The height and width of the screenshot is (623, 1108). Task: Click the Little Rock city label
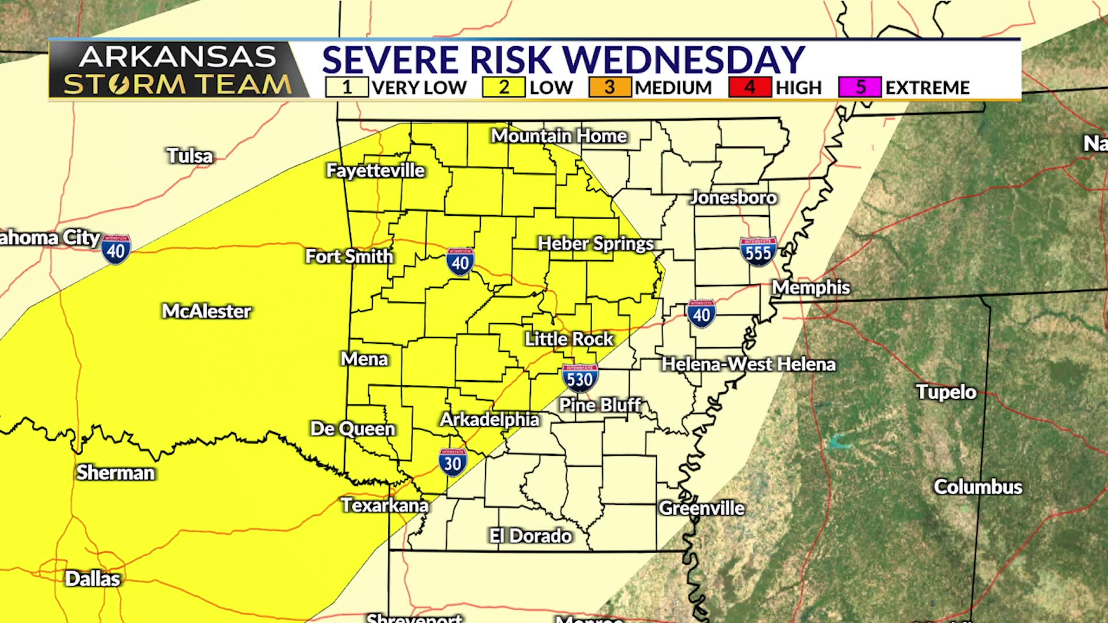tap(568, 339)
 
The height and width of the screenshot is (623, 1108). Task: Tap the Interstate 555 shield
tap(758, 251)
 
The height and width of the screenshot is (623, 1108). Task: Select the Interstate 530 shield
tap(579, 378)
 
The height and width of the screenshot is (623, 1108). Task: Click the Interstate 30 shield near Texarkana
tap(452, 463)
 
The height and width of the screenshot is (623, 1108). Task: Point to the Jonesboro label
tap(733, 198)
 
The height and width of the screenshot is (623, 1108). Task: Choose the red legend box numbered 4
tap(749, 87)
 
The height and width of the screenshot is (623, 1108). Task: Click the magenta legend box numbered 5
tap(860, 87)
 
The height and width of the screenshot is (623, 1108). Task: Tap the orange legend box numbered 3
tap(609, 87)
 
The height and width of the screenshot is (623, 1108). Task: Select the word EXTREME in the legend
tap(927, 88)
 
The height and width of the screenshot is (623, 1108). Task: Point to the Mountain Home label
tap(559, 136)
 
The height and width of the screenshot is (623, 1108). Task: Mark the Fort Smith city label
tap(349, 256)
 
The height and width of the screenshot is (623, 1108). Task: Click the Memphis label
tap(811, 287)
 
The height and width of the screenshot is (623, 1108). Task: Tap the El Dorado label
tap(530, 536)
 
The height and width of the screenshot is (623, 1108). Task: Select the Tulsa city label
tap(190, 156)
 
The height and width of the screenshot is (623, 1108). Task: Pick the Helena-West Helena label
tap(748, 364)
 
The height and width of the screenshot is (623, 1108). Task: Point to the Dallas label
tap(92, 579)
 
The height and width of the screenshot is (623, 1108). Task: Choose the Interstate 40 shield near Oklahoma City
tap(116, 249)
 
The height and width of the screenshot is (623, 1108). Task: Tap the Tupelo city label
tap(946, 392)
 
